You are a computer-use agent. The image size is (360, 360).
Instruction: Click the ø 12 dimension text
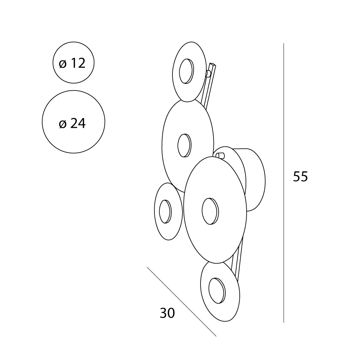coord(72,63)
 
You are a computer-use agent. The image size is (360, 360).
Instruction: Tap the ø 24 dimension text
coord(72,123)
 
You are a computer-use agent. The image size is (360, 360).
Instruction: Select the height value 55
coord(300,176)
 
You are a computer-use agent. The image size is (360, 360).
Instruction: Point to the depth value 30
coord(167,313)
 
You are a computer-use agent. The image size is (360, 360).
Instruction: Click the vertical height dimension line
coord(284,183)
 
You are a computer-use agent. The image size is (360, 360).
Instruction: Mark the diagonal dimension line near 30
coord(181,302)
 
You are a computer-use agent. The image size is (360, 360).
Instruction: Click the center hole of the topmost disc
coord(186,71)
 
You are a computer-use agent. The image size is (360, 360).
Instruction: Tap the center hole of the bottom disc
coord(217,291)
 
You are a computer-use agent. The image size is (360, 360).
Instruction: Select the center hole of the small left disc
coord(165,211)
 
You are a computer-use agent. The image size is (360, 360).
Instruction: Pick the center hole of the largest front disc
coord(210,211)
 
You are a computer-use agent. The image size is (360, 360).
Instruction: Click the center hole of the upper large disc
coord(184,145)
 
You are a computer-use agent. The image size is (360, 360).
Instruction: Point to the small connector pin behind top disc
coord(208,73)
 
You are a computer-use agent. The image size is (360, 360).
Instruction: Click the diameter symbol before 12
coord(63,63)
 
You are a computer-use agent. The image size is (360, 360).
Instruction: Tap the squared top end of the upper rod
coord(213,64)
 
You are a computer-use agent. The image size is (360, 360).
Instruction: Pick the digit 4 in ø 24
coord(82,123)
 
